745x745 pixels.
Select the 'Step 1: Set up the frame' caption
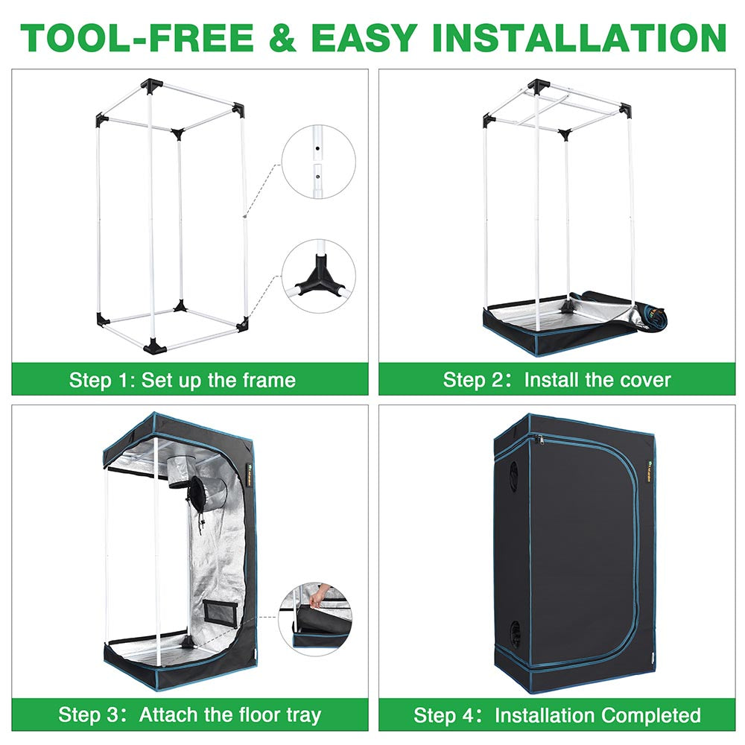[183, 380]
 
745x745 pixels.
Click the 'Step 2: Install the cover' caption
[557, 380]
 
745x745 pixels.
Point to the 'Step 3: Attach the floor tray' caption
[190, 715]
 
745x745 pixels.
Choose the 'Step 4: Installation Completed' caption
[557, 715]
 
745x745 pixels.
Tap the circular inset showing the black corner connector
[318, 276]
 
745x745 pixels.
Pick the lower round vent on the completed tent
[514, 633]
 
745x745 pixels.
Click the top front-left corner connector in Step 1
[101, 119]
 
